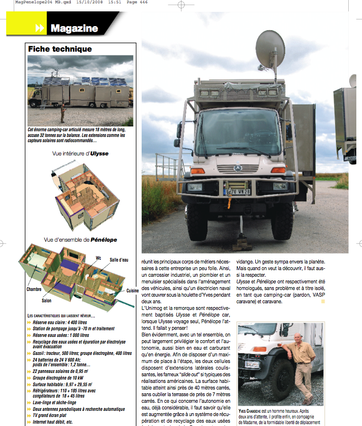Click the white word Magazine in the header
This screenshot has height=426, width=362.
pyautogui.click(x=74, y=28)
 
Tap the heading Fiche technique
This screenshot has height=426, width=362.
pyautogui.click(x=60, y=49)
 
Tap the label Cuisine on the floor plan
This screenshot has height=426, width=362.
pyautogui.click(x=132, y=290)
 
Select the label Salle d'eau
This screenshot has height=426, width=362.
pyautogui.click(x=119, y=260)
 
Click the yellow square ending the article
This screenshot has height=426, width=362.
pyautogui.click(x=323, y=301)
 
